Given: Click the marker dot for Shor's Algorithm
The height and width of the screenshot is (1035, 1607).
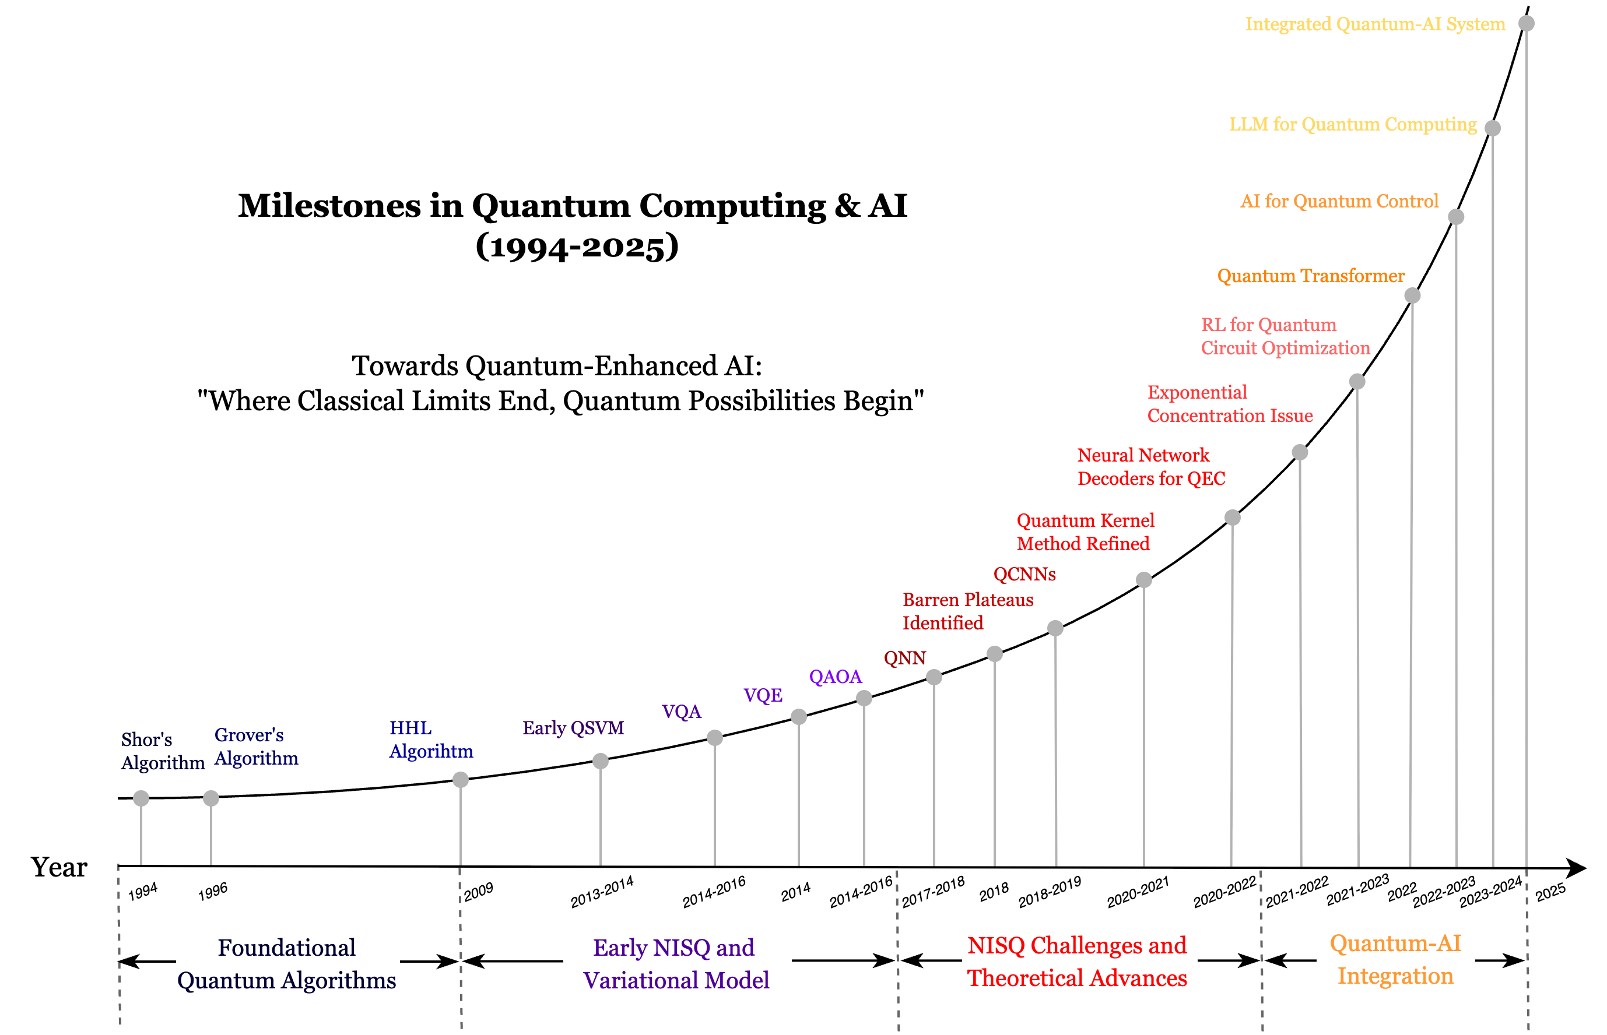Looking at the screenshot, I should pyautogui.click(x=141, y=798).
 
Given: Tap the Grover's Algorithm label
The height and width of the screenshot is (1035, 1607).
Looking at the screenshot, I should pyautogui.click(x=255, y=746).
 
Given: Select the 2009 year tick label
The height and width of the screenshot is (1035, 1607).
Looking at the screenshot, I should pyautogui.click(x=478, y=892).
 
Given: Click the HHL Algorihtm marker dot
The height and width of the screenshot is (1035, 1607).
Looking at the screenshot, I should pyautogui.click(x=460, y=780).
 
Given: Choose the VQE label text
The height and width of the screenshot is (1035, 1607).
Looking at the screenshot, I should pyautogui.click(x=763, y=695).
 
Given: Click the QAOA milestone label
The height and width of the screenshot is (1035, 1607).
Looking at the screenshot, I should pyautogui.click(x=834, y=676).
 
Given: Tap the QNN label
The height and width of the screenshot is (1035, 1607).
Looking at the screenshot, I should pyautogui.click(x=904, y=658).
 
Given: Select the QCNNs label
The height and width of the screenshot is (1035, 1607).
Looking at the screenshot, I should pyautogui.click(x=1024, y=574).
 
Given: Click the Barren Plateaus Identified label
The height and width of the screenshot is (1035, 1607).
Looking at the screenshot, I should pyautogui.click(x=967, y=611).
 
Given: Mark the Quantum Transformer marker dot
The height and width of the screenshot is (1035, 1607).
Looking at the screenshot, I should pyautogui.click(x=1412, y=295).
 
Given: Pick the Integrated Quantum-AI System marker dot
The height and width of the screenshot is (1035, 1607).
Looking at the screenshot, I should pyautogui.click(x=1527, y=23).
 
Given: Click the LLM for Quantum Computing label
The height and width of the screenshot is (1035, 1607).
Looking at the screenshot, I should pyautogui.click(x=1352, y=124).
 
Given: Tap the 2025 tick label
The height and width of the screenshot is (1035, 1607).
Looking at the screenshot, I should pyautogui.click(x=1550, y=892).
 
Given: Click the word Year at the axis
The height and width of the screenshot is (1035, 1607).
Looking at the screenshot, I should pyautogui.click(x=59, y=867).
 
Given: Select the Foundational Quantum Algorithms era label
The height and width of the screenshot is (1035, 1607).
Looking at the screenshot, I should pyautogui.click(x=286, y=963).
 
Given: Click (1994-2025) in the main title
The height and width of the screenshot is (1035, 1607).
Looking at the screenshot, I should pyautogui.click(x=576, y=246).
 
